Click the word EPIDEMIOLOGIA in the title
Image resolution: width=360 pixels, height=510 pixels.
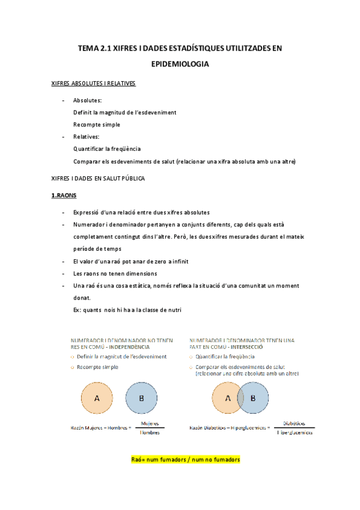tap(180, 63)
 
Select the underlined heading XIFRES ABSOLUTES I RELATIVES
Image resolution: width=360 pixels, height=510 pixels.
tap(94, 83)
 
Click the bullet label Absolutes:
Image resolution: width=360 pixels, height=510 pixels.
tap(87, 100)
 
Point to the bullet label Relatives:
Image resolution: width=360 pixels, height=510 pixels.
tap(86, 137)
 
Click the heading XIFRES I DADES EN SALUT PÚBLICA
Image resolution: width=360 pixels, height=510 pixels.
tap(99, 178)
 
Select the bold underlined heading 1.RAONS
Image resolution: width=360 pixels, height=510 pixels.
tap(64, 195)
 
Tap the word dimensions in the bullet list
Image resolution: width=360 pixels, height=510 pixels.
tap(141, 273)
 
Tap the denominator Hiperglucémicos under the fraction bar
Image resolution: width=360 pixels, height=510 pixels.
tap(294, 432)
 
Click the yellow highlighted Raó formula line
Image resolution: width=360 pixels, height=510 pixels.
tap(185, 459)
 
